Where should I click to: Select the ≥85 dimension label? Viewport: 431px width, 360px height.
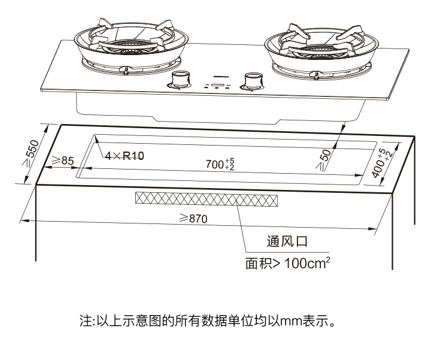pos(62,161)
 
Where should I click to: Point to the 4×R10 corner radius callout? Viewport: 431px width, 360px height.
pos(125,156)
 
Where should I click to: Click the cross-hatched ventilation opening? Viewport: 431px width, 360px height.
pos(207,199)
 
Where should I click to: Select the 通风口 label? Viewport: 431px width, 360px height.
pos(287,243)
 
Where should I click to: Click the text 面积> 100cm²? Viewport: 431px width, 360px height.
pos(287,264)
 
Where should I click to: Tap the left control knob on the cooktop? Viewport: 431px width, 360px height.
pos(179,80)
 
